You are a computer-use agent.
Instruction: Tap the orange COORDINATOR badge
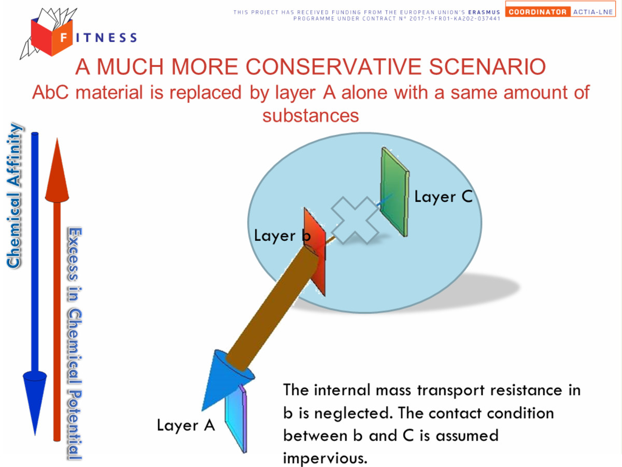point(538,12)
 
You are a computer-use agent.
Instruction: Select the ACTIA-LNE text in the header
point(593,12)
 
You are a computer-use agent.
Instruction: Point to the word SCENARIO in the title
point(487,67)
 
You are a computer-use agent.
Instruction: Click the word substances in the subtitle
point(310,116)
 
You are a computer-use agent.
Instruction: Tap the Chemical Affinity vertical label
point(14,196)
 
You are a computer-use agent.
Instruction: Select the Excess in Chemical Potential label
point(75,343)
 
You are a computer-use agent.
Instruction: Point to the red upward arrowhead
point(57,170)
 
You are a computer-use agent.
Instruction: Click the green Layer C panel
point(394,192)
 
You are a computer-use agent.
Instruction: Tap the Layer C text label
point(444,196)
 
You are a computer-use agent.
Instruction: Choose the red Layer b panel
point(315,252)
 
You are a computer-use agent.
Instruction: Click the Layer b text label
point(282,236)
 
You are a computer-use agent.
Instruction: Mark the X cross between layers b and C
point(356,220)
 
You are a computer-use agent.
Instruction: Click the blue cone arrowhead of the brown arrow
point(227,379)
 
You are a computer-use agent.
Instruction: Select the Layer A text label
point(186,425)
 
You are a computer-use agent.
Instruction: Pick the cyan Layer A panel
point(236,419)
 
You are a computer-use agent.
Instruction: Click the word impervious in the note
point(325,458)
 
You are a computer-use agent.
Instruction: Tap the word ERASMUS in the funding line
point(484,12)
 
